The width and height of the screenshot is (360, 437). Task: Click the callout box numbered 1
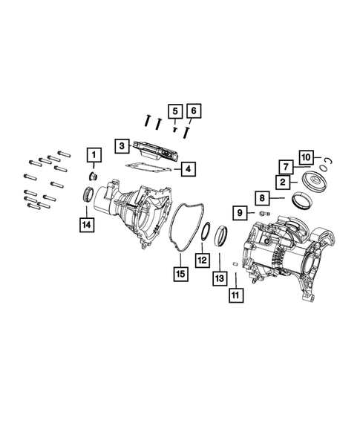coord(94,156)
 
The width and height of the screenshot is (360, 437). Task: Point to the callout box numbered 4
coord(189,169)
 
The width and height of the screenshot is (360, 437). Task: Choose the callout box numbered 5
coord(173,112)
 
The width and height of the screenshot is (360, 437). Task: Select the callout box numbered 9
coord(241,214)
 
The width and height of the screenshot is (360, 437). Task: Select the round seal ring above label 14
coord(88,195)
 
